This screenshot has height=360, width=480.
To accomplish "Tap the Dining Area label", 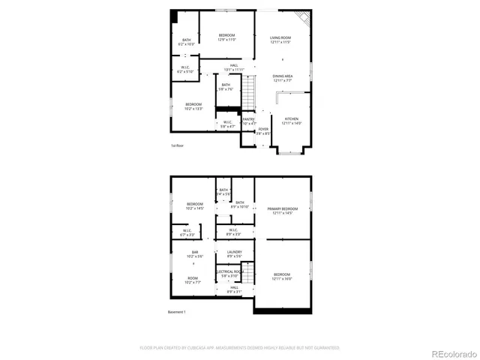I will point(282,78).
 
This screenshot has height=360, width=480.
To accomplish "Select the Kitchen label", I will point(291,121).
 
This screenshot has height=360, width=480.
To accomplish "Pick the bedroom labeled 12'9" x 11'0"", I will point(226,37).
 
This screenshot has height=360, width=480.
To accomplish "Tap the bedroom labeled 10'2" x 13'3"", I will point(193,106).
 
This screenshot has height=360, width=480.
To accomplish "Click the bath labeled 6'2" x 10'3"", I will point(185,42).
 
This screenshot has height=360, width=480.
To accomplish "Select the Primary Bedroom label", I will point(282,211).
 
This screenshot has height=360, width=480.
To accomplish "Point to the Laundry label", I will point(234,254).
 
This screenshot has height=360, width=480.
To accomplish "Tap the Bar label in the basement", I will point(194,253).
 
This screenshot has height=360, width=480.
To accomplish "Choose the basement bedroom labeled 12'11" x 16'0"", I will point(282,276).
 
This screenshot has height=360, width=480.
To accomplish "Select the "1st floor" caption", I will point(177,145).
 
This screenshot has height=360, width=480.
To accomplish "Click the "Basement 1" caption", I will point(176,312).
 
